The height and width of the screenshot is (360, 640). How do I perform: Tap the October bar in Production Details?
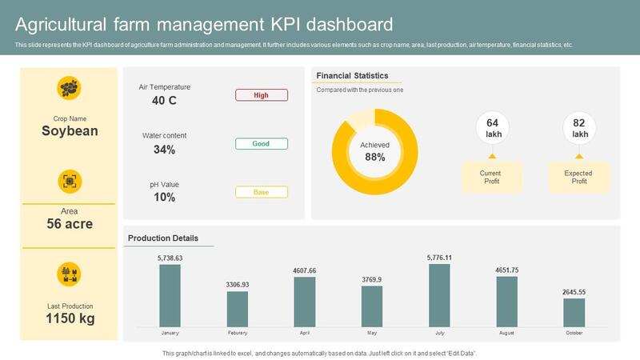574,312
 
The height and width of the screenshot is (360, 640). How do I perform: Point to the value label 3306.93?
237,285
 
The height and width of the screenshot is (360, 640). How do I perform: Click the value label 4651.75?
506,270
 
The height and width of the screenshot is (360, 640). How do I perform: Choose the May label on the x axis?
372,333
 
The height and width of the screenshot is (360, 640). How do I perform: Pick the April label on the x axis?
304,333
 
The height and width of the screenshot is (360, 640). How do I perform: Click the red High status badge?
261,95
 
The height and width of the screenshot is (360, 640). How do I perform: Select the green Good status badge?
261,144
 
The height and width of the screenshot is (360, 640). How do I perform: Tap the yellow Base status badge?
261,192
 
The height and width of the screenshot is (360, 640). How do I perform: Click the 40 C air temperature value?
164,101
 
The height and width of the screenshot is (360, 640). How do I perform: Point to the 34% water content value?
164,150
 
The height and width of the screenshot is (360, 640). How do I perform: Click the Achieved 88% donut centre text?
374,152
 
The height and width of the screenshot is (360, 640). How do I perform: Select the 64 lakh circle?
493,128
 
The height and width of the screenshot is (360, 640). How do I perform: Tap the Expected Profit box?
578,177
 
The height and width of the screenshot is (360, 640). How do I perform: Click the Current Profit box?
490,177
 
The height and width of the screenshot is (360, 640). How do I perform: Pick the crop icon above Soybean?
70,88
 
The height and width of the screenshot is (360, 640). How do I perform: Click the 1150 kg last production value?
70,318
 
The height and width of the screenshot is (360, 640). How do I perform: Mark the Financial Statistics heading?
352,76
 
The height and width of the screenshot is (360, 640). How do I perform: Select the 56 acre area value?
70,224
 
